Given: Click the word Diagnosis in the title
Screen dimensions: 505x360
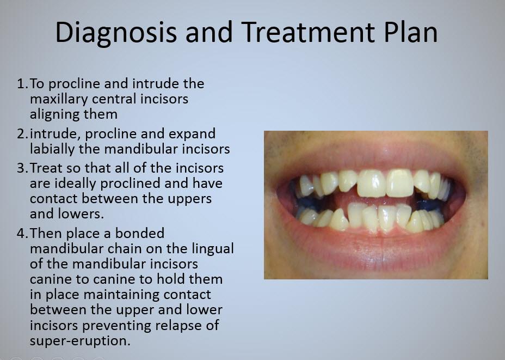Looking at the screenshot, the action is point(116,33).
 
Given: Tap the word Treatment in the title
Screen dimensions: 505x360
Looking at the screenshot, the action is point(308,32).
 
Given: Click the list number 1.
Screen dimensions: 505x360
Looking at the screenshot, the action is point(22,84).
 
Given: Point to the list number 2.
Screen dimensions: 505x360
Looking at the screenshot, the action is point(22,134).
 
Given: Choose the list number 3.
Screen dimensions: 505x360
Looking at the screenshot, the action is point(22,168).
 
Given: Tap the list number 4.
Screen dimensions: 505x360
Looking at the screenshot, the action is point(22,233).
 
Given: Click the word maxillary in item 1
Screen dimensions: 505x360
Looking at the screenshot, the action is point(59,100).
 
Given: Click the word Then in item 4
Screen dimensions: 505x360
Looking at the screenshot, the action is point(46,233).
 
